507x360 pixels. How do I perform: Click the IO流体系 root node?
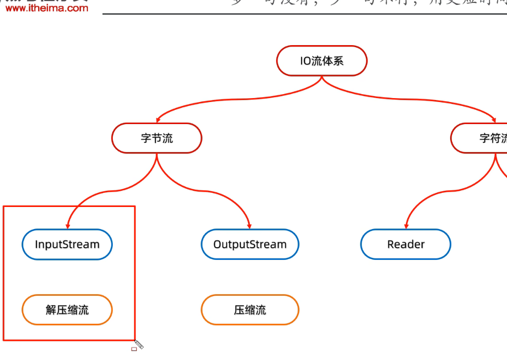pos(322,61)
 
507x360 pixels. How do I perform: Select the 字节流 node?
pos(156,138)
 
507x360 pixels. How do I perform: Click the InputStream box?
pos(67,244)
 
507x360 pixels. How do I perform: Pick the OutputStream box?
pos(250,244)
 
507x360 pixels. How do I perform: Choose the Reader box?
pos(406,244)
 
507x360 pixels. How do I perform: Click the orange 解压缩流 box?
pos(67,310)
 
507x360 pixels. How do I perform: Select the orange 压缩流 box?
pos(250,310)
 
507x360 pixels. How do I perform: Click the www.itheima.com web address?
pos(47,8)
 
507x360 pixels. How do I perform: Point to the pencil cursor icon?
pos(139,345)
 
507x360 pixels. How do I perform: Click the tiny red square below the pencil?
pos(134,349)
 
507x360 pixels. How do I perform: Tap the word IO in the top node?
pos(305,61)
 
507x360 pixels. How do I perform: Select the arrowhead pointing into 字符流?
pos(494,119)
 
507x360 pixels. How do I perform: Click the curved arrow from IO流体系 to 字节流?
pos(235,98)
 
